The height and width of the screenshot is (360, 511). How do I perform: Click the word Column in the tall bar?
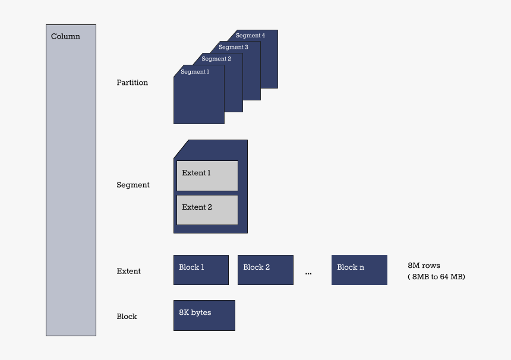coord(65,36)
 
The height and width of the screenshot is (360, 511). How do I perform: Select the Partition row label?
coord(132,83)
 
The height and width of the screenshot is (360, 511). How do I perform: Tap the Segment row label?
coord(133,185)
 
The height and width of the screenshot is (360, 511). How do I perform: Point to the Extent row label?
coord(128,271)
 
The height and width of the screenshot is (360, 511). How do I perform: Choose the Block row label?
coord(127,317)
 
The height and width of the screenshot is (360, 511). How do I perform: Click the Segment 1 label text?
coord(195,72)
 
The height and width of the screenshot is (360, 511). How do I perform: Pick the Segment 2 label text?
coord(216,59)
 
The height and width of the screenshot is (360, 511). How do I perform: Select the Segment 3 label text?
coord(234,47)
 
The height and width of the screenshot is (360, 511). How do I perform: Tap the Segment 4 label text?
coord(250,36)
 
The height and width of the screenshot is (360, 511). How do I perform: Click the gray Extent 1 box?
coord(207,175)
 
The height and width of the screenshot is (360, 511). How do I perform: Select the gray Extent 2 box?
coord(207,210)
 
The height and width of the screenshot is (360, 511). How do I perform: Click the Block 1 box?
coord(201,270)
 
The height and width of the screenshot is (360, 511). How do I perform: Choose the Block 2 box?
coord(265,270)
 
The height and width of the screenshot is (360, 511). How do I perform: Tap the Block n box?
coord(359,270)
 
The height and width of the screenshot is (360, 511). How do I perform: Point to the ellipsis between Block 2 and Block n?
coord(308,273)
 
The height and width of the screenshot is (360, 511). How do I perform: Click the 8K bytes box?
coord(204,315)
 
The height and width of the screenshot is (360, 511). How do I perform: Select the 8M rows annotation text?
coord(424,266)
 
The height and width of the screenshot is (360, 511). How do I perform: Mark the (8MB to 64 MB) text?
coord(436,276)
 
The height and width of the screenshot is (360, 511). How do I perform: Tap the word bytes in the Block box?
coord(201,312)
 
